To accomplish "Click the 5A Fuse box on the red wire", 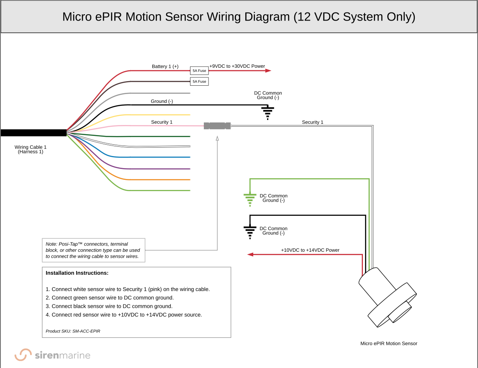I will pyautogui.click(x=199, y=71).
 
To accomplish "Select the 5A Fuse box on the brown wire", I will pyautogui.click(x=199, y=82).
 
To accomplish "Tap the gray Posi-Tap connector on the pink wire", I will pyautogui.click(x=217, y=125).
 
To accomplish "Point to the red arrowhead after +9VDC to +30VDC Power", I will pyautogui.click(x=268, y=71).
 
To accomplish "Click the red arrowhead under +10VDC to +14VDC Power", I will pyautogui.click(x=250, y=254).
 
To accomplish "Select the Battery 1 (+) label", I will pyautogui.click(x=165, y=66).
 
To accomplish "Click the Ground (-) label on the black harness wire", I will pyautogui.click(x=162, y=101).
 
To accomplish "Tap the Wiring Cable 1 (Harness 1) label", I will pyautogui.click(x=31, y=149).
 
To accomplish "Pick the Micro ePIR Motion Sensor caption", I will pyautogui.click(x=388, y=343).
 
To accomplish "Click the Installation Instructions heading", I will pyautogui.click(x=77, y=273).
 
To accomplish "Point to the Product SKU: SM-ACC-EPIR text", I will pyautogui.click(x=73, y=331).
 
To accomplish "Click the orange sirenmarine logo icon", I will pyautogui.click(x=23, y=355).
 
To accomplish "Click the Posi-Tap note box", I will pyautogui.click(x=93, y=250).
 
